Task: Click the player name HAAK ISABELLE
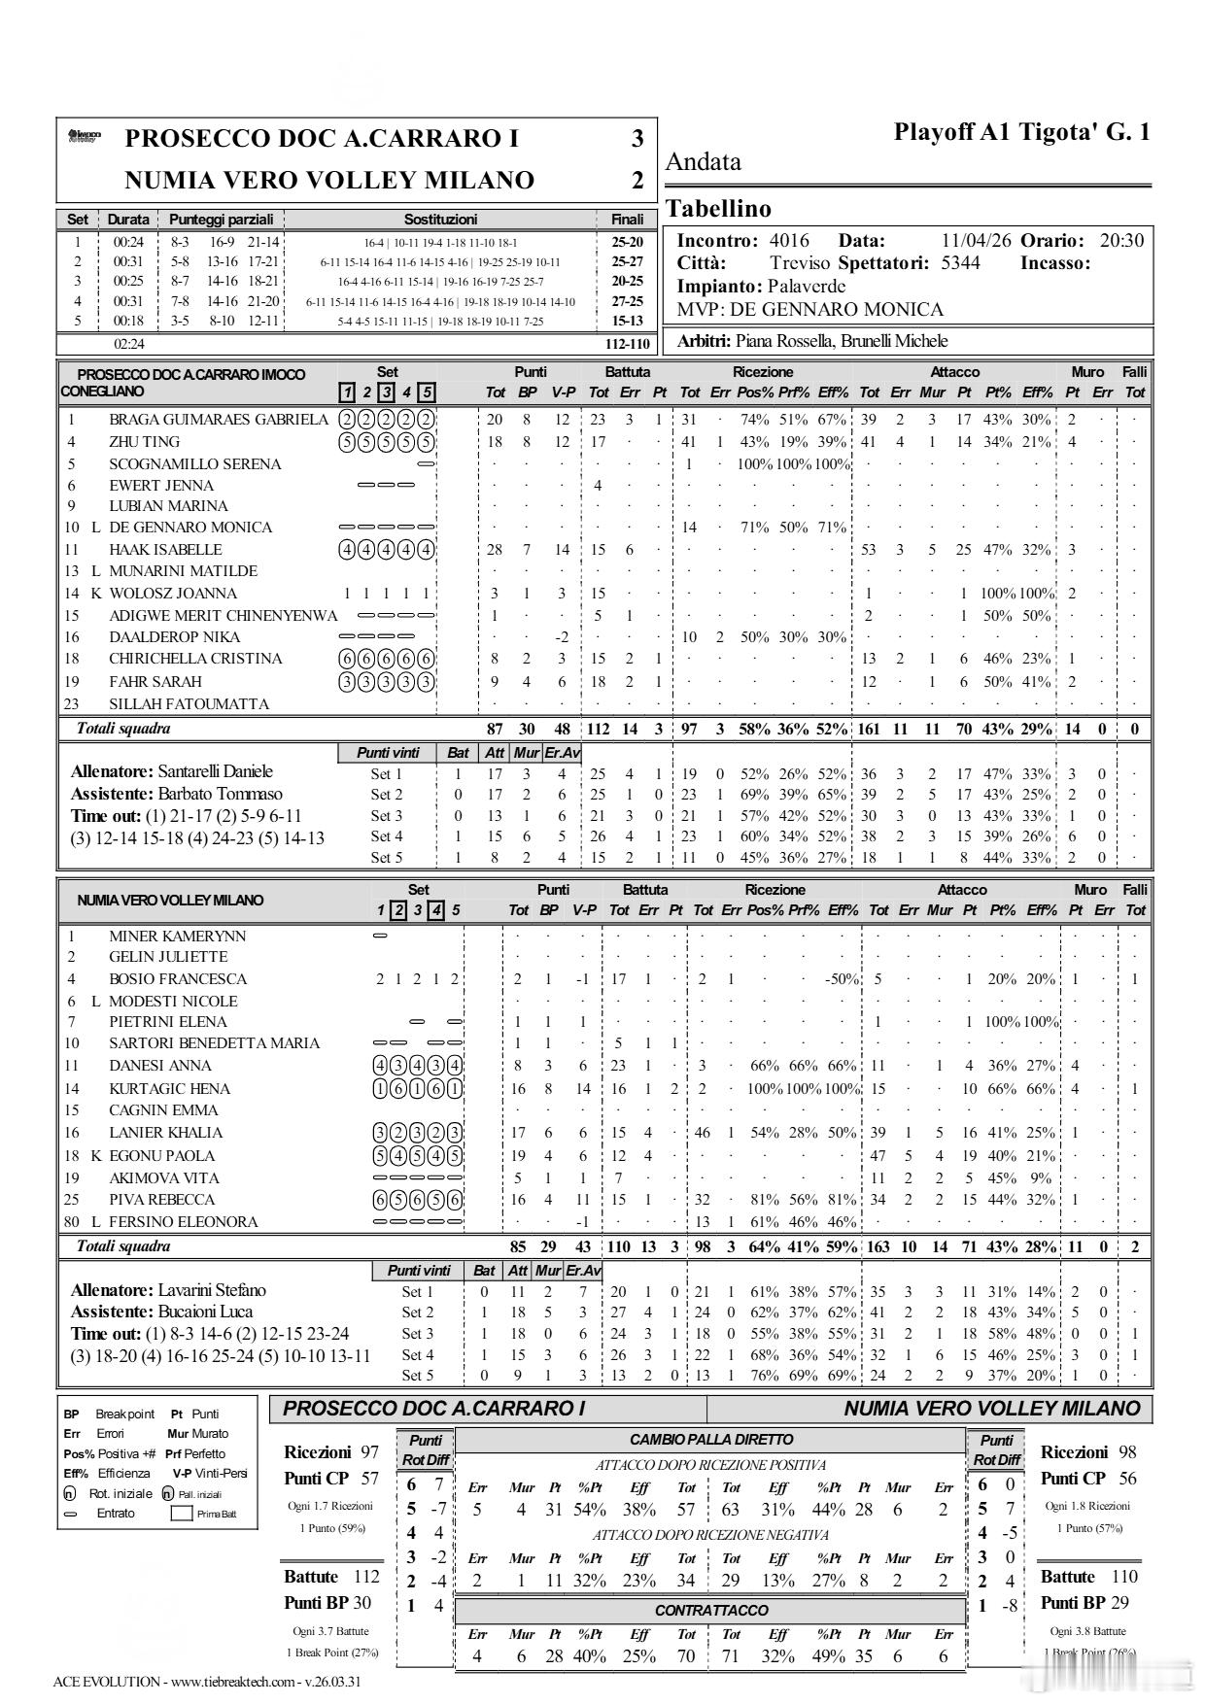[165, 550]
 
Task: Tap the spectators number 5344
[960, 263]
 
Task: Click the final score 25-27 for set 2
[627, 261]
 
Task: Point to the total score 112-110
[627, 344]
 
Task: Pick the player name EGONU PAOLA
[161, 1156]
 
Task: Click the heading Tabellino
[718, 209]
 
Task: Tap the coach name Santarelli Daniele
[215, 771]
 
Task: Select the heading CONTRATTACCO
[711, 1610]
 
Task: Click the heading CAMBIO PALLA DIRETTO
[711, 1440]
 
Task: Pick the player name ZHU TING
[144, 442]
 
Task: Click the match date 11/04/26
[976, 241]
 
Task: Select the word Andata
[703, 162]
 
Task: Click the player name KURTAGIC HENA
[169, 1089]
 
